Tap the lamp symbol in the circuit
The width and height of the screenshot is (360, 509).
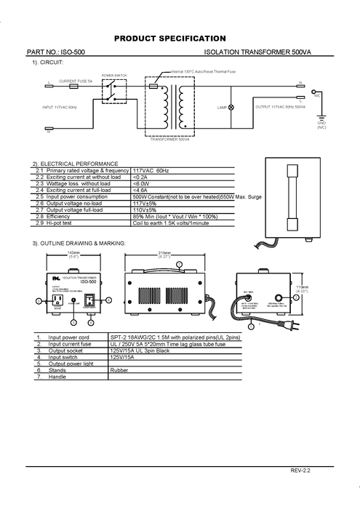tap(231, 107)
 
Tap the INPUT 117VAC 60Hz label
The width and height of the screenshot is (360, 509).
tap(61, 106)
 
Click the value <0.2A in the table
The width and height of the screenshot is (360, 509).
tap(140, 177)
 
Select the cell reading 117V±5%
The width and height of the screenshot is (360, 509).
tap(145, 203)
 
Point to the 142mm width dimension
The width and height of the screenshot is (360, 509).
tap(73, 252)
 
